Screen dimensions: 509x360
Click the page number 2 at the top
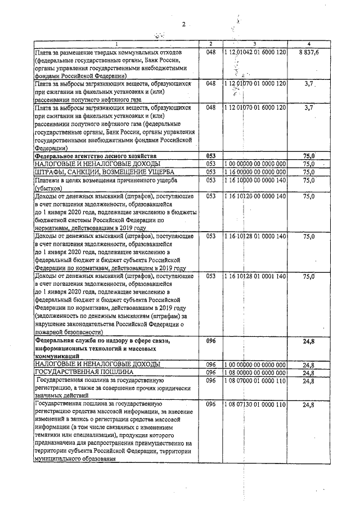[x=183, y=24]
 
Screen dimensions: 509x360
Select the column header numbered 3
[x=255, y=44]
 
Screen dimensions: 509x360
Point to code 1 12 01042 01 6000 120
[x=255, y=52]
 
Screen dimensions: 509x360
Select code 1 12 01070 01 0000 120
[x=255, y=83]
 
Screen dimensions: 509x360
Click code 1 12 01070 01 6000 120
[x=255, y=107]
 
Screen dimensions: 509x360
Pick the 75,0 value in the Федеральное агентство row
[x=308, y=156]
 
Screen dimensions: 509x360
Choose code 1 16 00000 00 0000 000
[x=255, y=172]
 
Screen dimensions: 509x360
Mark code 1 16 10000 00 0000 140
[x=255, y=180]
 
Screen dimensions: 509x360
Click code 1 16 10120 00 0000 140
[x=255, y=196]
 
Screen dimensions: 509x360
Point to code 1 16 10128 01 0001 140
[x=255, y=276]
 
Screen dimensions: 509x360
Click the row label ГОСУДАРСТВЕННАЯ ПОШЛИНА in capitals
[x=84, y=372]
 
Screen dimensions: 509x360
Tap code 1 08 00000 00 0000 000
[x=255, y=372]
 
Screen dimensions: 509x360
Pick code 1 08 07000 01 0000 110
[x=255, y=381]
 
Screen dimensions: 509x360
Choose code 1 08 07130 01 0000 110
[x=255, y=404]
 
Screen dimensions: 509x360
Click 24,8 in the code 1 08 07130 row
[x=308, y=405]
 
